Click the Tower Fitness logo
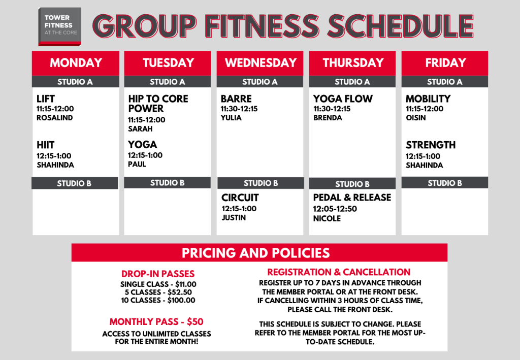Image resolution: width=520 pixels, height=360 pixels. [x=60, y=26]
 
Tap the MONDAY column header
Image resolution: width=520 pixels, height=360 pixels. [x=76, y=63]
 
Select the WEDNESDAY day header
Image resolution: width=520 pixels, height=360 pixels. [x=260, y=63]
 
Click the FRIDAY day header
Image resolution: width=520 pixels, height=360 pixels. [x=445, y=63]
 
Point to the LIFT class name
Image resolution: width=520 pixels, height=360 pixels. [x=45, y=99]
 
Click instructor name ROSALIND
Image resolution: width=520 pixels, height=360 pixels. [x=54, y=118]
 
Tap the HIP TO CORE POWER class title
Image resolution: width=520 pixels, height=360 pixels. [x=158, y=104]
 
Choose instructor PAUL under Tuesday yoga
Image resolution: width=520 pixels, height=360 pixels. [x=137, y=164]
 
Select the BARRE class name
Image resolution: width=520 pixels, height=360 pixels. [x=236, y=99]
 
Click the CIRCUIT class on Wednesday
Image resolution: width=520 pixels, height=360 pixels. [x=240, y=198]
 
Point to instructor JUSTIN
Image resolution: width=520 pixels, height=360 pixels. [x=234, y=218]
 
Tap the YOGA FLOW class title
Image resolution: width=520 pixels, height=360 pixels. [x=343, y=99]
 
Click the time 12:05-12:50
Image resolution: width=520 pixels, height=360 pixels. [x=335, y=209]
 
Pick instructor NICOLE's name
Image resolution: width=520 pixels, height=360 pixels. [x=327, y=218]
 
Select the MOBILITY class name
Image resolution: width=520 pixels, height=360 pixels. [x=428, y=99]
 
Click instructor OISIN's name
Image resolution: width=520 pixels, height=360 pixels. [x=415, y=118]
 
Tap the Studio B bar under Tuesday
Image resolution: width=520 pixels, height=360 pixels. [x=167, y=183]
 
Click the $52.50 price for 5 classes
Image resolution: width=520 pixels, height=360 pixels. [x=179, y=292]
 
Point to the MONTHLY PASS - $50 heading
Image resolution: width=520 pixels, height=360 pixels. [x=156, y=322]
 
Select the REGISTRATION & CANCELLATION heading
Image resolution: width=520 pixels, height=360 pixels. [x=339, y=272]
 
